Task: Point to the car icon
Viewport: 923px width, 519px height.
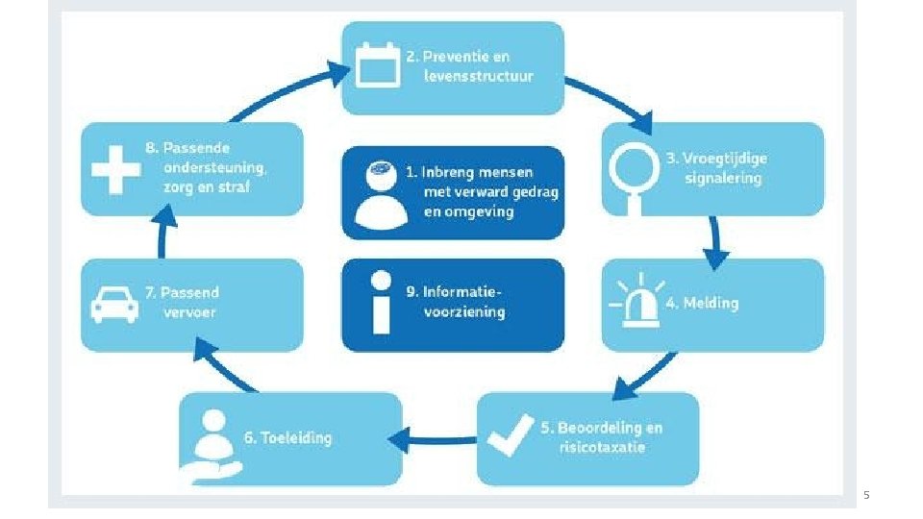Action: [114, 304]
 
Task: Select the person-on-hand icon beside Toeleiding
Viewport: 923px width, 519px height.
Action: [212, 439]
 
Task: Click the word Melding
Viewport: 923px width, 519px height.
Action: [711, 303]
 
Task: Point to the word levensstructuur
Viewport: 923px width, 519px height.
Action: [479, 75]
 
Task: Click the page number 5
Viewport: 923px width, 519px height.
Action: [866, 495]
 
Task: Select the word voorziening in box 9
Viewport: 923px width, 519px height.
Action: [463, 311]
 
